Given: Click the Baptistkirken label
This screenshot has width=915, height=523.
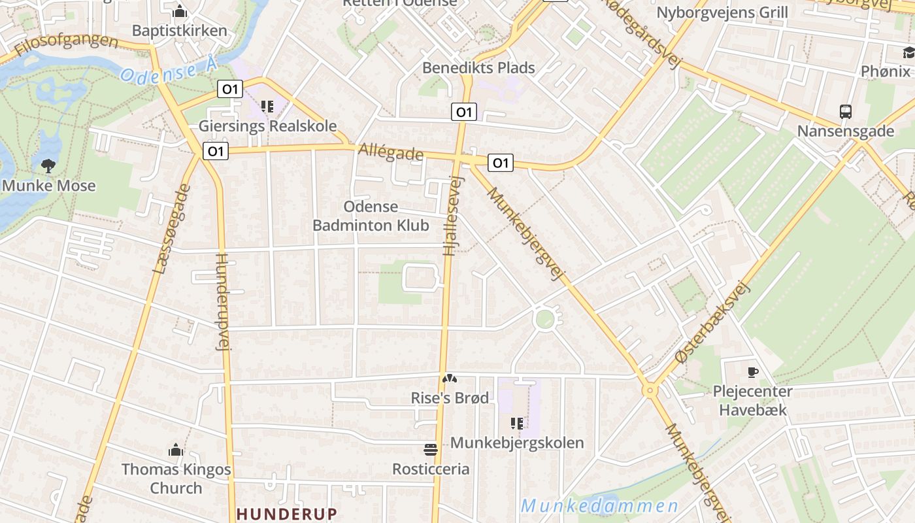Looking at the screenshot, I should pos(179,31).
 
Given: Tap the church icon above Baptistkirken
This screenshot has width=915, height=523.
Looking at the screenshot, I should pos(179,11).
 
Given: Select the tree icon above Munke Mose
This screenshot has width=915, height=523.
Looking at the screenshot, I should pos(48,165).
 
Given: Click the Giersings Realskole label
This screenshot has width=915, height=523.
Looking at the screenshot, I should pos(267,126).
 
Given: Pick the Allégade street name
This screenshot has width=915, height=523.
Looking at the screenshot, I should pos(391,154).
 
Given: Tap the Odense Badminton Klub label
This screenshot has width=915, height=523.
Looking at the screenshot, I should pos(371,216).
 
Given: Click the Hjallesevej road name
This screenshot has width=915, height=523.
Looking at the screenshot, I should pos(452,216).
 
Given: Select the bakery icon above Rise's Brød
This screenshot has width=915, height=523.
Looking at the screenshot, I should pos(449,379).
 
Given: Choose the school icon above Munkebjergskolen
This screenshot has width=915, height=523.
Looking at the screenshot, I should pos(517,424).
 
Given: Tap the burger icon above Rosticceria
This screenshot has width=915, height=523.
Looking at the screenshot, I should pos(430,450).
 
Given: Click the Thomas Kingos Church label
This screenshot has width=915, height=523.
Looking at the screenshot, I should pos(176,479).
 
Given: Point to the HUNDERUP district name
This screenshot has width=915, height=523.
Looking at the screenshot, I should pos(287,514).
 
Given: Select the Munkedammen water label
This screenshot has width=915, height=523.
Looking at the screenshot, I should pos(599,506).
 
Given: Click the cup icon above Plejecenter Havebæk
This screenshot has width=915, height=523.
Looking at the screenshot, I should pos(752,373).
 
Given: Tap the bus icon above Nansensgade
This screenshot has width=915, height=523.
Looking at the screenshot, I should pos(845,112).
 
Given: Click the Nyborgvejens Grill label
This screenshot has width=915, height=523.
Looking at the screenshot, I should pos(722,12).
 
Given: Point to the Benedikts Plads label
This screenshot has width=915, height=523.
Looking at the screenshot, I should pos(478,68).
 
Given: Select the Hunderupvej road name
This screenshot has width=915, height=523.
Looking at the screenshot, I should pos(223,301).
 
